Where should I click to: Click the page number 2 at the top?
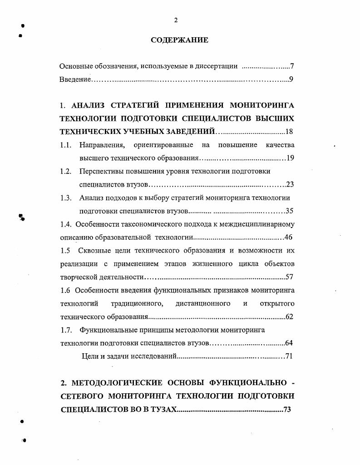[176, 20]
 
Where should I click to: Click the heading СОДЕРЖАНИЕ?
[179, 40]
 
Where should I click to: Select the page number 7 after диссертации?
[292, 66]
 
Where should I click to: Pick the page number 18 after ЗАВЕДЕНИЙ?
[290, 132]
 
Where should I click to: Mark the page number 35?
[290, 211]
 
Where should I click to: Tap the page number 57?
[290, 277]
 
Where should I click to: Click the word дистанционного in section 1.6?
[203, 303]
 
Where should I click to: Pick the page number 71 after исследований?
[288, 356]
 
